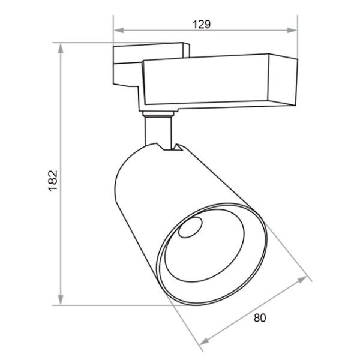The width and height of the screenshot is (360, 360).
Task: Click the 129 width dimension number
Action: (202, 24)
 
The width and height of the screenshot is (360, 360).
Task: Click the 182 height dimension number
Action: (53, 181)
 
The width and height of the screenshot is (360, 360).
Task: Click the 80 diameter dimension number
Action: (260, 318)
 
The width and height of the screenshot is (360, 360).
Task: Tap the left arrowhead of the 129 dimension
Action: (119, 31)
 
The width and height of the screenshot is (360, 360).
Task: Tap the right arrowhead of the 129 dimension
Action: (292, 31)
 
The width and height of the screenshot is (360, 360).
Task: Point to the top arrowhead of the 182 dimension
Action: (61, 49)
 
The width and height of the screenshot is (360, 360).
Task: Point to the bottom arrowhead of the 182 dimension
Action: (61, 299)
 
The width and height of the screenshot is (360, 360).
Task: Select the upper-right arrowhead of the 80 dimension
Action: (302, 280)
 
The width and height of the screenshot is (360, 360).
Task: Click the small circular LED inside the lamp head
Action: (190, 227)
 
